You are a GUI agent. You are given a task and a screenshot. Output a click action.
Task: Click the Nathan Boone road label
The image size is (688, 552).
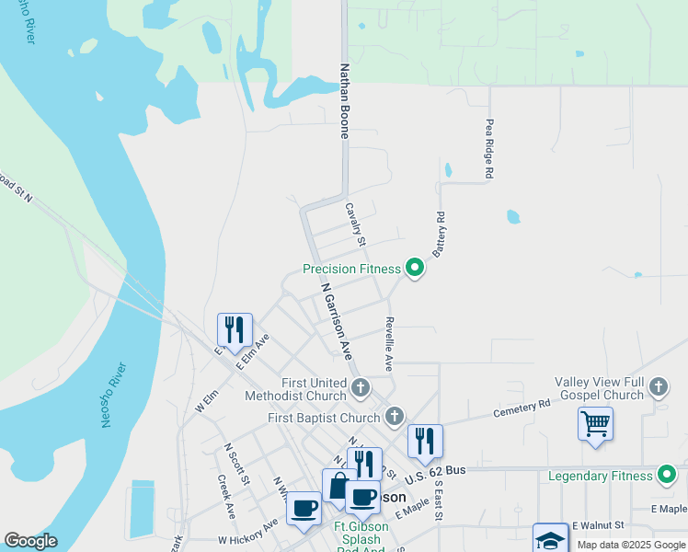345,100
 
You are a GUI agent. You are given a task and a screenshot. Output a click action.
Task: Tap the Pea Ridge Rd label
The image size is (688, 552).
490,148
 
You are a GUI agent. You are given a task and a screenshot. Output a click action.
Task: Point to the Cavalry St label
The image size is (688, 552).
355,224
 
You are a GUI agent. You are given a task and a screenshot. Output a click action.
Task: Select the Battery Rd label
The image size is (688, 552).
439,234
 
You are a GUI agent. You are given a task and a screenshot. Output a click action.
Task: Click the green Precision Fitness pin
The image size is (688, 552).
415,269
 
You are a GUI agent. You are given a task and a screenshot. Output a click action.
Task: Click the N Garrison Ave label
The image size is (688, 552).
337,320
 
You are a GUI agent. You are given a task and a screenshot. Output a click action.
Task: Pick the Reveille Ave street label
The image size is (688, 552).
389,344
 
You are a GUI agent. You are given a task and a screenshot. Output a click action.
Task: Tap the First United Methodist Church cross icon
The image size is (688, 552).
360,386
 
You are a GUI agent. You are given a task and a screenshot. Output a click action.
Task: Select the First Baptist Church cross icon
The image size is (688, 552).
395,417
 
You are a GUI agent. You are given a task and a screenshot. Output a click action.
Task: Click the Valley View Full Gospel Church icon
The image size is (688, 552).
658,386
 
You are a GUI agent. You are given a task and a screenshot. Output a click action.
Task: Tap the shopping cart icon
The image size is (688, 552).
595,424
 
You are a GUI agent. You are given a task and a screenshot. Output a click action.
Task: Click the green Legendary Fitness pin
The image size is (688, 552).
668,475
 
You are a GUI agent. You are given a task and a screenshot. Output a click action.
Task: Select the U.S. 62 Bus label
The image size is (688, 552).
436,470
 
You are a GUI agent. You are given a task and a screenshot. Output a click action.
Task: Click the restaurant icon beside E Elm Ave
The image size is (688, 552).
235,329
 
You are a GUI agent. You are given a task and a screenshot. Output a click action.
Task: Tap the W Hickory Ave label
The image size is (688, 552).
247,533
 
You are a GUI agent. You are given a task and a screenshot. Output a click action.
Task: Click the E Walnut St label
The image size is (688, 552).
598,524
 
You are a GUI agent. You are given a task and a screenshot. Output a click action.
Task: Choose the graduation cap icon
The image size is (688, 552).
550,539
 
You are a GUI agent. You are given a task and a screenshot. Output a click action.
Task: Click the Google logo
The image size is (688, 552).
30,541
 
